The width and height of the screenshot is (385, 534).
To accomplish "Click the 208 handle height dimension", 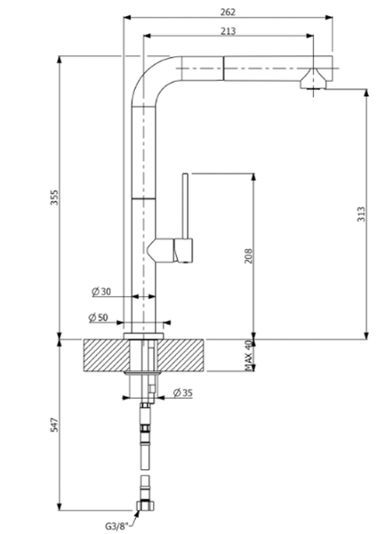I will [x=250, y=258].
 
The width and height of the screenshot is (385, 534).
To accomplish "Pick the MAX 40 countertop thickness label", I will [x=250, y=354].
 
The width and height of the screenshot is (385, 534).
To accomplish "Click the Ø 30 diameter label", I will [x=100, y=291].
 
